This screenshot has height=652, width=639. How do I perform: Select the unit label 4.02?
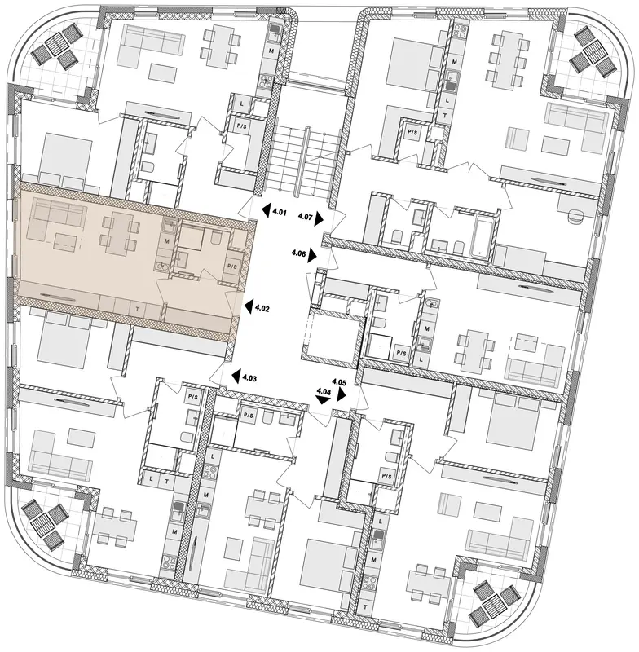pos(262,309)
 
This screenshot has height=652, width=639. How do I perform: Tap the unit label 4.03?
pos(250,378)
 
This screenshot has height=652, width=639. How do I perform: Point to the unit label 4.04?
pos(324,391)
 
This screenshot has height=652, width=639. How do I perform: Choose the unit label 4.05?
pos(339,381)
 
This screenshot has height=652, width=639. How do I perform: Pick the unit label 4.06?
pos(298,253)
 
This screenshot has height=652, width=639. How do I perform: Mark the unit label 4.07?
pos(306,216)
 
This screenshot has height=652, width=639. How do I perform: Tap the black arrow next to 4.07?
pos(319,218)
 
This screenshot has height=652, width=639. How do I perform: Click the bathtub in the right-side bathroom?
pos(479,238)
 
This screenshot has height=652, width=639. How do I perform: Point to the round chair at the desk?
pos(575,218)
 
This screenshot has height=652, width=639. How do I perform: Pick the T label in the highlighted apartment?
pos(137,309)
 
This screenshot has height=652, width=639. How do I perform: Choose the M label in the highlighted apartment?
pos(167,241)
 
